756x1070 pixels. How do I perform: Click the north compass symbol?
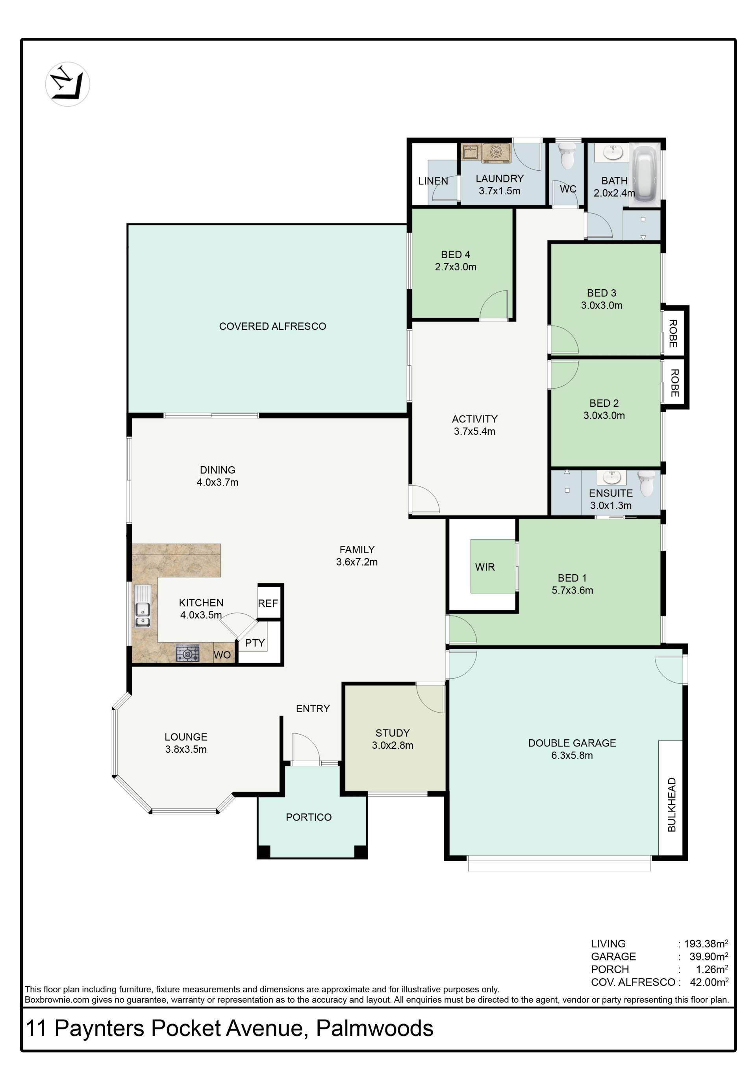(x=67, y=84)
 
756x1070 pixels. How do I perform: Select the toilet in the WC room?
(x=567, y=156)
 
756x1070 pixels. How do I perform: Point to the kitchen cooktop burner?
(x=187, y=654)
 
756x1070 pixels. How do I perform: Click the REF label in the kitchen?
(x=268, y=603)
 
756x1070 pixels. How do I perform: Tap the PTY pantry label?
(x=255, y=643)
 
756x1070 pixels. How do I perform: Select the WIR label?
(x=485, y=567)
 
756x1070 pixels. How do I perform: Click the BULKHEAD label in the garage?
(x=671, y=804)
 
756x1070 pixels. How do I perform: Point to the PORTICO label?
(x=309, y=817)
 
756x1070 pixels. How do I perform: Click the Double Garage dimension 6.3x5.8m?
(x=572, y=755)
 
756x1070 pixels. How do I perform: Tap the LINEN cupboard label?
(x=433, y=181)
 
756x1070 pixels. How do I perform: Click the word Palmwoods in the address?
(x=375, y=1028)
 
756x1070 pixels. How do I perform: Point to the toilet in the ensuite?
(x=647, y=483)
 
